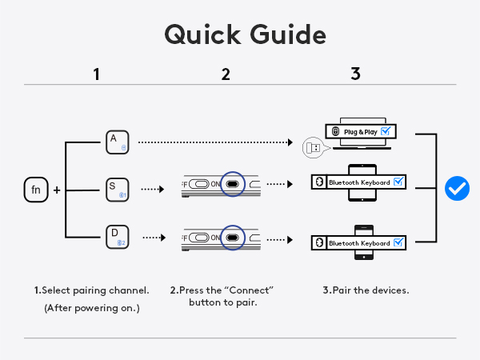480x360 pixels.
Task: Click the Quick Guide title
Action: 245,35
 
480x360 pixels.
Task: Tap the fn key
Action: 35,190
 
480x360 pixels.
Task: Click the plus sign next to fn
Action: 57,190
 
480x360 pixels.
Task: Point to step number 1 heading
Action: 96,74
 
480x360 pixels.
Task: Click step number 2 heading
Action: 226,74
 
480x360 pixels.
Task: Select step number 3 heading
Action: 355,74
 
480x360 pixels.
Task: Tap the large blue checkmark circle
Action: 457,189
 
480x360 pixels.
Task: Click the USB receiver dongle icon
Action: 313,147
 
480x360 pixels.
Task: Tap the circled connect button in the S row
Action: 233,183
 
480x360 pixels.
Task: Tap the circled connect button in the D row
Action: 233,238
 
